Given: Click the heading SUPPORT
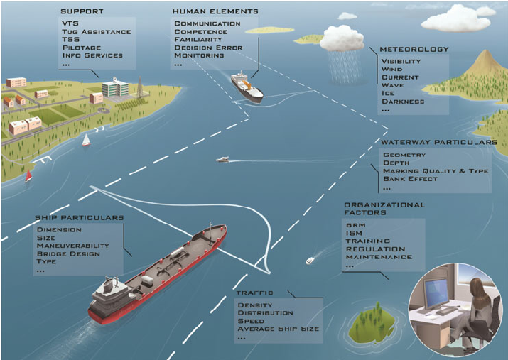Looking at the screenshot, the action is coord(82,11).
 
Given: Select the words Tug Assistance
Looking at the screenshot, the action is coord(97,32).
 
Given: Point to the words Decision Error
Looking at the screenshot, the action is coord(208,48).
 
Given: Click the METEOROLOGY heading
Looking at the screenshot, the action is coord(414,49).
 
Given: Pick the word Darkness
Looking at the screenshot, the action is coord(403,102).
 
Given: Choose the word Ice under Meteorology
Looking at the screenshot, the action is coord(388,93).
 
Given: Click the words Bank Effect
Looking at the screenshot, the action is coord(410,179).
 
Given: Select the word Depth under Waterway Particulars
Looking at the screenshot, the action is coord(396,163).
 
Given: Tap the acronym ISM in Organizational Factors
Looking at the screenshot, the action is coord(354,233).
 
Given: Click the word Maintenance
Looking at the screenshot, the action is coord(379,257).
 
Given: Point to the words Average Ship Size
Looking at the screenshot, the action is coord(279,329).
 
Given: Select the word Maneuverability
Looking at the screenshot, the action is coord(73,246).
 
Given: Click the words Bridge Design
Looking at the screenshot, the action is coord(68,253).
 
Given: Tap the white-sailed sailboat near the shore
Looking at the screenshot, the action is coord(86,140).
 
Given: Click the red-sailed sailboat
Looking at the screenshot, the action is coord(28,175).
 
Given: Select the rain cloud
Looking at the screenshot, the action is coord(342,40).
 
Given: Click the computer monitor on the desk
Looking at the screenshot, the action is coord(436,293).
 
